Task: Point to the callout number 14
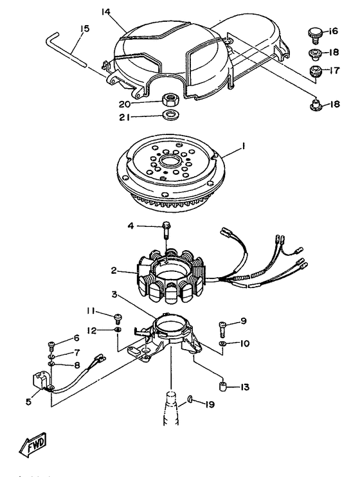click(106, 12)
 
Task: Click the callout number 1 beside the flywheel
click(243, 147)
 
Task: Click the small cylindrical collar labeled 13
click(224, 386)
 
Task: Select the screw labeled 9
click(222, 329)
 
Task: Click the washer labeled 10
click(224, 344)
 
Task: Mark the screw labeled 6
click(51, 346)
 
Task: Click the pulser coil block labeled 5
click(41, 380)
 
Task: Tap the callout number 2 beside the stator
click(114, 270)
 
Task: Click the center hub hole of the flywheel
click(171, 160)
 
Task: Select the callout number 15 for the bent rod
click(85, 29)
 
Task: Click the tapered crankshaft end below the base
click(171, 408)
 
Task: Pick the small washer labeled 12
click(118, 329)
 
